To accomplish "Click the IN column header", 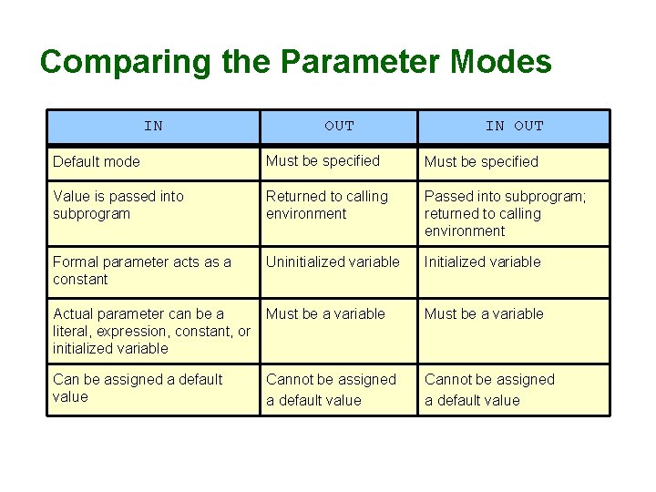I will coord(153,127).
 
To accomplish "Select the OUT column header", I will coord(339,127).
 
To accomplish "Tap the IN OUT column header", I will coord(514,127).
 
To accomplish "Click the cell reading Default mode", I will coord(97,162).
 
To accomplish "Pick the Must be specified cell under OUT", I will coord(323,161).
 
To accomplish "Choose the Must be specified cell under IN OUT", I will coord(481,162).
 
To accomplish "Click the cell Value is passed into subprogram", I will coord(118,205).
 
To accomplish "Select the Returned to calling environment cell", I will coord(327,205).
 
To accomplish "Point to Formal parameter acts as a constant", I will coord(142,271).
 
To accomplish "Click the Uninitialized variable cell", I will coord(333,262).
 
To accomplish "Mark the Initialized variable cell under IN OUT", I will coord(482,262).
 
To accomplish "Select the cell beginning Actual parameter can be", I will coord(151,331).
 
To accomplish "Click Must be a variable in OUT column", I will coord(325,314).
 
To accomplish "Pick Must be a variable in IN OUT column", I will coord(484,314).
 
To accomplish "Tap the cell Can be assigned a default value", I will coord(138,388).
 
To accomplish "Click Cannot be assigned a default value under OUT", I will coord(331,390).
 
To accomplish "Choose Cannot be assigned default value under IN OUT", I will coord(489,390).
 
